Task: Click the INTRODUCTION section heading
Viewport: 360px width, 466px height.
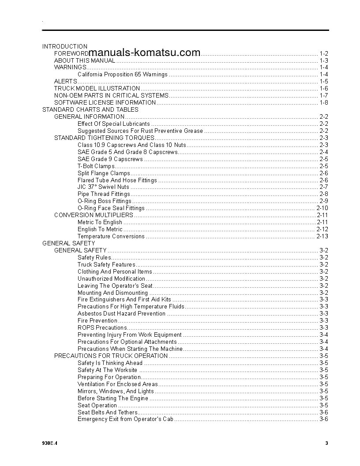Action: point(65,46)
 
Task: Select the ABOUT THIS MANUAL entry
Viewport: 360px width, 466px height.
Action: point(85,60)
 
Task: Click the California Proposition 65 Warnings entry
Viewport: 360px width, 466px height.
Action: point(122,75)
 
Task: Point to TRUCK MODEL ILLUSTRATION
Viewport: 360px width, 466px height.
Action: point(97,89)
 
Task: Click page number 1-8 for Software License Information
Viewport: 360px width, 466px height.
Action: point(323,103)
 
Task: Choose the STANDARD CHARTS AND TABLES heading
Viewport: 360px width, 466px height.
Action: point(90,109)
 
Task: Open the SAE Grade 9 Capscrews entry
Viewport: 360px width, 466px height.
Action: point(110,159)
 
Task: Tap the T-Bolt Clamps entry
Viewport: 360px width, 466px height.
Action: point(96,166)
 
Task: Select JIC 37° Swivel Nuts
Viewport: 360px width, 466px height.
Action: point(103,187)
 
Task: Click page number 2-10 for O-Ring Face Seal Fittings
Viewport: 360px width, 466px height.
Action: point(322,208)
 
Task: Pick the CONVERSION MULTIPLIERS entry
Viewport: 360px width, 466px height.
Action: point(94,215)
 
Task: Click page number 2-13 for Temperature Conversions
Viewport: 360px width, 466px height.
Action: point(322,237)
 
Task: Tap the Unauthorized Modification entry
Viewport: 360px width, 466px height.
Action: point(111,279)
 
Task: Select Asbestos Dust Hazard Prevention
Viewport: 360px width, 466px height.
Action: point(121,314)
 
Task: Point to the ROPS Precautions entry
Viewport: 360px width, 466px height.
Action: point(97,328)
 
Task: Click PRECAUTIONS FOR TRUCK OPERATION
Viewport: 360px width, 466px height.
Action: point(111,356)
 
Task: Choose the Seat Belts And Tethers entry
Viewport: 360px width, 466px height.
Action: point(107,412)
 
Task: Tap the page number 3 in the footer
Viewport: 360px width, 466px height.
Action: point(326,443)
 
